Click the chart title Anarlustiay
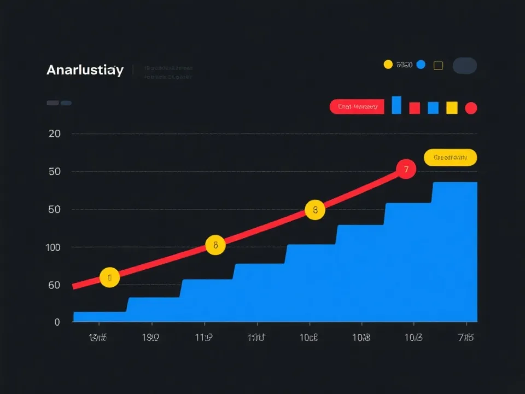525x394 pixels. point(85,70)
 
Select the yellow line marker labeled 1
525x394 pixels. point(109,277)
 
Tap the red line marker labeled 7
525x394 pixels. point(405,170)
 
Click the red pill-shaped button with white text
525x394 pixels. point(357,107)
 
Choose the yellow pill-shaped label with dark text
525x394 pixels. point(450,158)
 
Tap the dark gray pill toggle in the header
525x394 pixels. point(465,66)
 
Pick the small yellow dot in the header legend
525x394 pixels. point(388,65)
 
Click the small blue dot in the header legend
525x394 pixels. point(421,65)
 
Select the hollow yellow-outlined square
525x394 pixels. point(438,66)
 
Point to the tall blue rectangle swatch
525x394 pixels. point(396,105)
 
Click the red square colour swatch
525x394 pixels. point(415,108)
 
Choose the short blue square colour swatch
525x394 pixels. point(433,108)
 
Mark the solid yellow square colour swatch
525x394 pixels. point(452,108)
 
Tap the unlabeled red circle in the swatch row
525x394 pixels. point(471,108)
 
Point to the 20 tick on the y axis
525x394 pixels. point(55,134)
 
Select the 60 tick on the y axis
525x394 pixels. point(54,285)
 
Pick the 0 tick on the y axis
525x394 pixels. point(57,322)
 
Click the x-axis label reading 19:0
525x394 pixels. point(150,338)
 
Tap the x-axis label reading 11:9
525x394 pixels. point(203,338)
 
